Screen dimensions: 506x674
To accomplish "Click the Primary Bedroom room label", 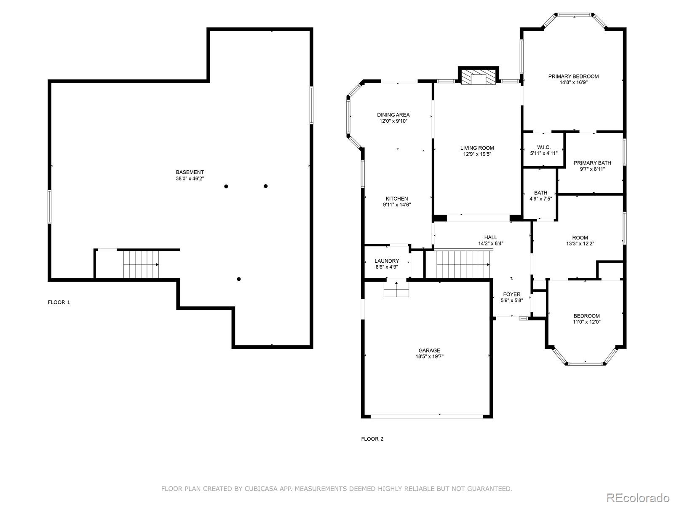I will (x=573, y=76).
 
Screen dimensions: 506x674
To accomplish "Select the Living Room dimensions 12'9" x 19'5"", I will (x=477, y=154).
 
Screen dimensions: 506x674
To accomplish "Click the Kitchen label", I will (x=396, y=199).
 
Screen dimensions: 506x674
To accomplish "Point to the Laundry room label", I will (x=386, y=261).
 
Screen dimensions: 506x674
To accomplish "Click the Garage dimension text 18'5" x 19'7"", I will (x=429, y=356).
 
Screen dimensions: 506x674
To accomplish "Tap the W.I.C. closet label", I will (x=543, y=147).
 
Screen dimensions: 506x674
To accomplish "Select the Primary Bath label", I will (x=592, y=163).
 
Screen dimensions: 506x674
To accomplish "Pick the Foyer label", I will (x=511, y=294).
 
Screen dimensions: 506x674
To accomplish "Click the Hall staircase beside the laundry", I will (x=463, y=264).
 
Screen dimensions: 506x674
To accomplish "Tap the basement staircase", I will (x=141, y=264).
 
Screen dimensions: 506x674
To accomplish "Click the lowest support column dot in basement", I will (x=239, y=279).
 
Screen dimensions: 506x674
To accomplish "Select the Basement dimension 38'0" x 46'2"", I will (x=190, y=178).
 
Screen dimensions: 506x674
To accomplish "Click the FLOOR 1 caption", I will (x=59, y=302).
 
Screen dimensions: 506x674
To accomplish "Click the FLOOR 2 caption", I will (x=372, y=439).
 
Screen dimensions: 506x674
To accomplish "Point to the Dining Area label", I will (x=393, y=115).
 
